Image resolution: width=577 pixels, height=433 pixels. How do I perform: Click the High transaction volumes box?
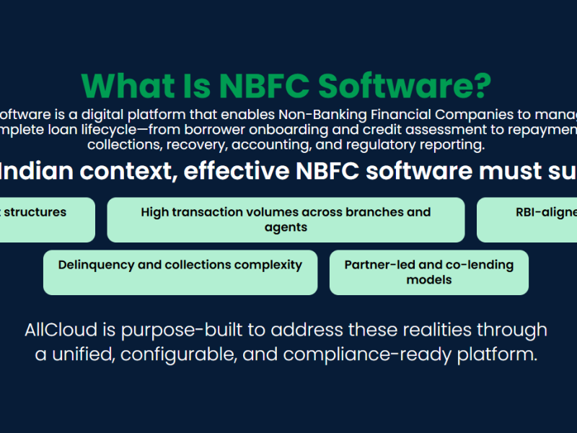tap(286, 219)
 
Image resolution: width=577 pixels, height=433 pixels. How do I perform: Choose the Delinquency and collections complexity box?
tap(180, 272)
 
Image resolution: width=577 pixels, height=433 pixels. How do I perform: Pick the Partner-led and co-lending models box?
tap(428, 272)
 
